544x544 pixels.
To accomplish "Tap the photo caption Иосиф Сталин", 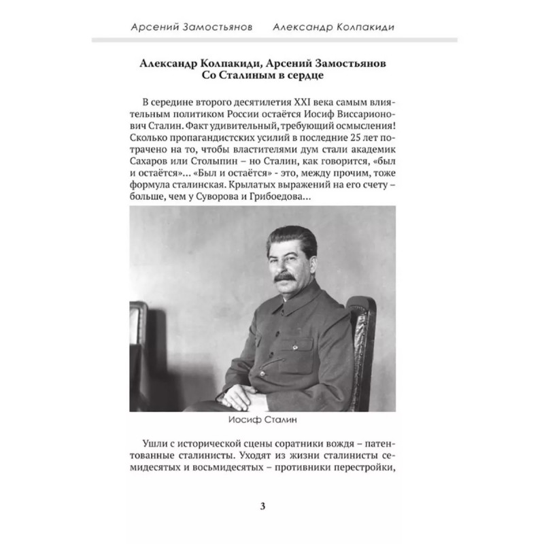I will point(272,419).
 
